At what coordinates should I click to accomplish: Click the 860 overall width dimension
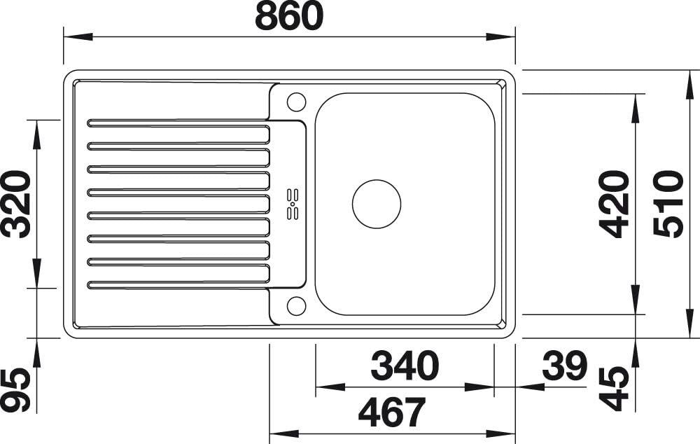coord(289,16)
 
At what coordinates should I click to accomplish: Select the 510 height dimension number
coord(668,204)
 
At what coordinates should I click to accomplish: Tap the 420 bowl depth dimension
coord(615,204)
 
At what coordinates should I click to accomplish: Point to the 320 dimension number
coord(17,204)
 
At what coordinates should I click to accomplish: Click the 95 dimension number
coord(17,389)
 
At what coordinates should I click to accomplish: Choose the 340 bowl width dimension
coord(405,366)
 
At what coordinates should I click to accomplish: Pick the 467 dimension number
coord(392,412)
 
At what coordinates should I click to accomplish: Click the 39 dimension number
coord(564,366)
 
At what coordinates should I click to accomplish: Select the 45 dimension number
coord(615,389)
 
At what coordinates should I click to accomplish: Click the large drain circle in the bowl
coord(377,204)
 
